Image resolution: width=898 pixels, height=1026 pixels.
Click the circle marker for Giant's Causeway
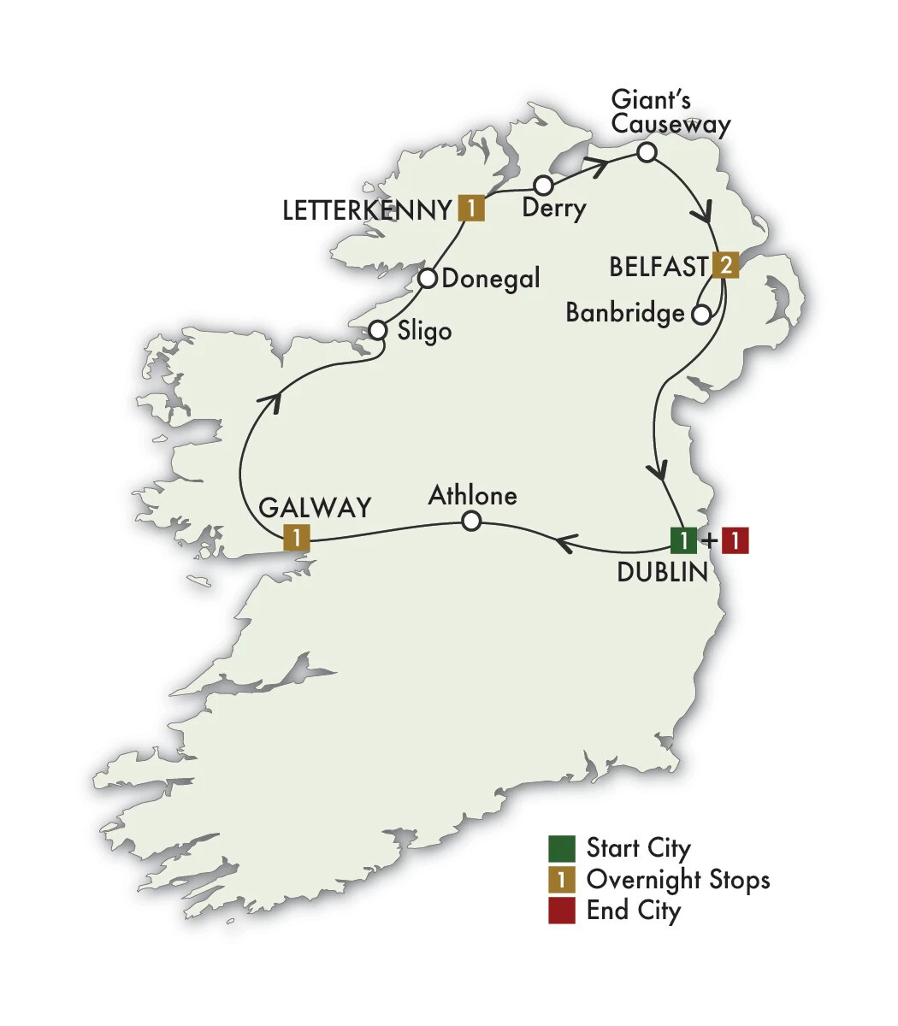[x=647, y=153]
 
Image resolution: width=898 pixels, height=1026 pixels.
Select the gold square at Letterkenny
[x=471, y=208]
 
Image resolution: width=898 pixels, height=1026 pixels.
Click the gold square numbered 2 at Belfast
[x=724, y=265]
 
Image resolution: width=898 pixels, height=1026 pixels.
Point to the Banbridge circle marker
[x=700, y=315]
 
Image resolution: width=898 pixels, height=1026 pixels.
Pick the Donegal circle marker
[x=428, y=279]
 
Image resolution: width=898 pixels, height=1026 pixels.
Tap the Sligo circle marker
[x=379, y=330]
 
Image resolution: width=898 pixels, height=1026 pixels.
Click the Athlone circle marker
[x=470, y=521]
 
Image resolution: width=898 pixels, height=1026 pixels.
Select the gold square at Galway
[x=295, y=538]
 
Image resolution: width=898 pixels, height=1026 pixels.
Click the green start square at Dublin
[x=683, y=540]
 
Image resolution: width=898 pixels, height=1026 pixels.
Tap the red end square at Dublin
[x=736, y=540]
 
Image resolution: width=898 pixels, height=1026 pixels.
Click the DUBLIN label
[x=663, y=572]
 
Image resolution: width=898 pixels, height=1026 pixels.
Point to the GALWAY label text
[x=314, y=507]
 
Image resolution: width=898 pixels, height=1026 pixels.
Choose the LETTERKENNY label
[x=366, y=210]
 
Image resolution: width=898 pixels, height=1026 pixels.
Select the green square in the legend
[x=562, y=848]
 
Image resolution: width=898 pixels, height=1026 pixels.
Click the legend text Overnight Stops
[x=677, y=879]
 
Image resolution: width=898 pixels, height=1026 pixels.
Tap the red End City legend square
[x=562, y=910]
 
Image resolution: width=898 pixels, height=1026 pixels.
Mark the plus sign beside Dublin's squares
[x=709, y=541]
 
